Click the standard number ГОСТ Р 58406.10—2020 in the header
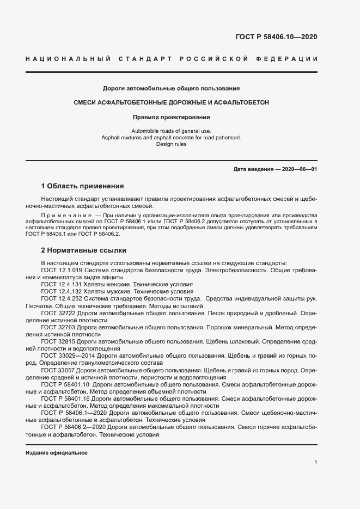point(276,37)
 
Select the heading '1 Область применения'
point(83,186)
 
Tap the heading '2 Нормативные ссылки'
point(84,250)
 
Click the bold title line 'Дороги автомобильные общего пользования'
point(172,88)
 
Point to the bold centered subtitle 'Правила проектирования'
point(172,116)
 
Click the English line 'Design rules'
point(172,144)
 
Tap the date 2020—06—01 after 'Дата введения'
point(298,169)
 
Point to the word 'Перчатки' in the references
point(39,306)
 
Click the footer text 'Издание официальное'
point(57,453)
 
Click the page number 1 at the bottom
point(316,463)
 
